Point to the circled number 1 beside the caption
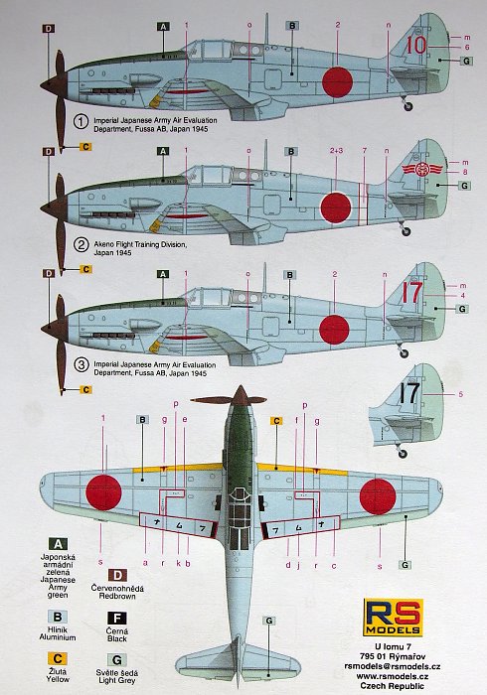coord(83,122)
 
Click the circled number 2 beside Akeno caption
coord(83,244)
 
